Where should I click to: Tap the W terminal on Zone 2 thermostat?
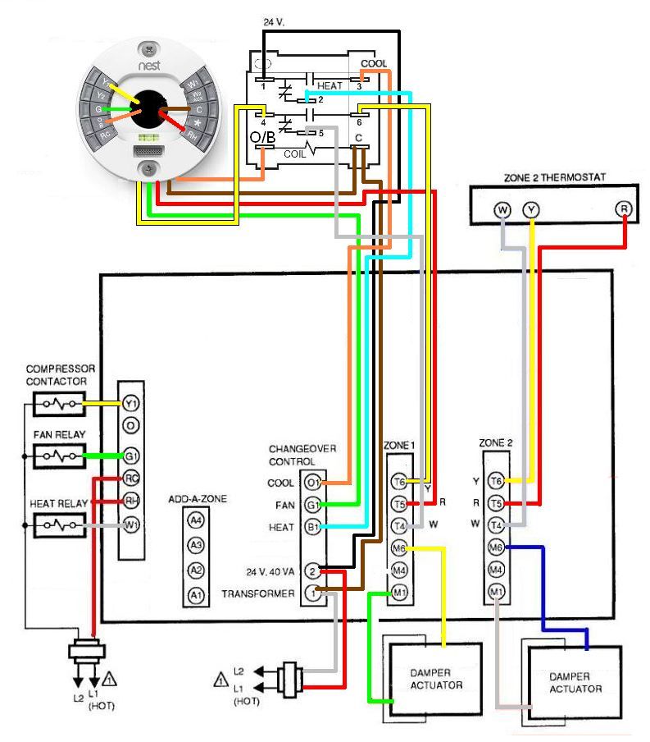coord(502,210)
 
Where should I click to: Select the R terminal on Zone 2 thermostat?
coord(625,210)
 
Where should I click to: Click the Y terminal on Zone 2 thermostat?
coord(532,210)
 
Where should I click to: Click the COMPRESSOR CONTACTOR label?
coord(61,375)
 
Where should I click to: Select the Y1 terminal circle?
coord(130,404)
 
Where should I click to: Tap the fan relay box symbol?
coord(58,454)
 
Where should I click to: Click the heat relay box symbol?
coord(58,524)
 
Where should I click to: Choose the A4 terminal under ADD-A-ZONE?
coord(195,520)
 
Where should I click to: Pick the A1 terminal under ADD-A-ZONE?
coord(195,594)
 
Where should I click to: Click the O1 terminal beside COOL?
coord(312,483)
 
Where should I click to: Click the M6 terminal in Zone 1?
coord(399,547)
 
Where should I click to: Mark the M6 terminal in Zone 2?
coord(496,547)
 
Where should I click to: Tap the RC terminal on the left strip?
coord(130,478)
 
